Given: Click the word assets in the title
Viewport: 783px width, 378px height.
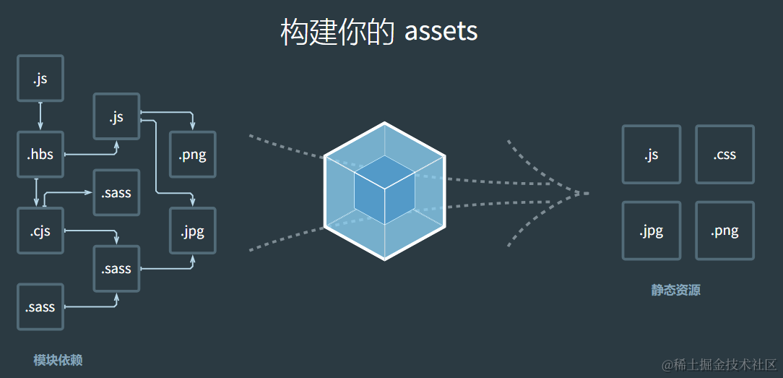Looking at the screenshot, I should pyautogui.click(x=441, y=32).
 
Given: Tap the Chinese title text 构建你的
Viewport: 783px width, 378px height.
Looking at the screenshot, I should pyautogui.click(x=337, y=32).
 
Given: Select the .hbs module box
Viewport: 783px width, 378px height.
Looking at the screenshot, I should pyautogui.click(x=40, y=154).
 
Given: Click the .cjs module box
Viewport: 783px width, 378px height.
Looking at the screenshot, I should pyautogui.click(x=40, y=231).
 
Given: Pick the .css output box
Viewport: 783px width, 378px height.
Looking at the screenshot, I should pyautogui.click(x=724, y=154).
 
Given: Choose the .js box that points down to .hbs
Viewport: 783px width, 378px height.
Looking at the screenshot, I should pyautogui.click(x=40, y=78).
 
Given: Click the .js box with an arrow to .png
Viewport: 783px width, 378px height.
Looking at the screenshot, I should pyautogui.click(x=116, y=116).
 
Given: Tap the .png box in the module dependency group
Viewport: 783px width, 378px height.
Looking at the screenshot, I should pyautogui.click(x=192, y=154).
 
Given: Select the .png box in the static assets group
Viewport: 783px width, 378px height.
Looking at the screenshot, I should pyautogui.click(x=724, y=231).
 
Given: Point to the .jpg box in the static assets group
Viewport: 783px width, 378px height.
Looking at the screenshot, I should pyautogui.click(x=651, y=231).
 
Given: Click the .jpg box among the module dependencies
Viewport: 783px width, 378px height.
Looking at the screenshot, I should pyautogui.click(x=192, y=231).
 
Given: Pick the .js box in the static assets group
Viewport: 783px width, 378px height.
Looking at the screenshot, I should pyautogui.click(x=651, y=154).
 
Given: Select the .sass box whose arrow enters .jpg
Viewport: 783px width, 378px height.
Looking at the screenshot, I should pyautogui.click(x=116, y=269).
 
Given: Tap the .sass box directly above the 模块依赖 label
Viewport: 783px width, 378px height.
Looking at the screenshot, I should pyautogui.click(x=40, y=307).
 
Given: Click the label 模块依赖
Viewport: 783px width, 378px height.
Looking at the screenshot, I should pyautogui.click(x=58, y=360).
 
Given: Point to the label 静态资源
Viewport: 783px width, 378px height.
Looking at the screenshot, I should pyautogui.click(x=675, y=291).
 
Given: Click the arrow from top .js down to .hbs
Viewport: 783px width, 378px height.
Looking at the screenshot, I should pyautogui.click(x=40, y=116).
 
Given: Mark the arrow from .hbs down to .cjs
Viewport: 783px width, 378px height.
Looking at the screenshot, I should pyautogui.click(x=36, y=192).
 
